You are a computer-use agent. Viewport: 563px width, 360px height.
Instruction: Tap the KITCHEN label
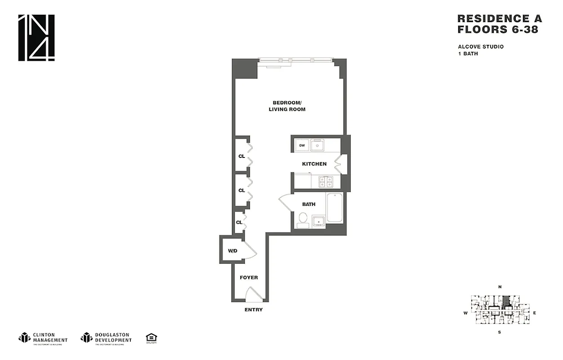click(314, 164)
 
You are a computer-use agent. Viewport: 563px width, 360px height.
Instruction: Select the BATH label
click(308, 204)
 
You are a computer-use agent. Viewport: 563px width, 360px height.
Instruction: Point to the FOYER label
click(249, 278)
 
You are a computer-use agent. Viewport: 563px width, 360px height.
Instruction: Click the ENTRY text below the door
click(254, 310)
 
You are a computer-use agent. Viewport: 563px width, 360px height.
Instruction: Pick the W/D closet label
click(232, 251)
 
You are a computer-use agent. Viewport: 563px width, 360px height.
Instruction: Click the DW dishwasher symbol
click(302, 145)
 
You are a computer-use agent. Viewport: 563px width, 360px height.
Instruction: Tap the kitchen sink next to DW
click(317, 145)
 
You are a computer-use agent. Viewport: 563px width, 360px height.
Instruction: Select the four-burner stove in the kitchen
click(325, 181)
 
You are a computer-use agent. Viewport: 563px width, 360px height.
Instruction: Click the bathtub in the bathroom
click(335, 207)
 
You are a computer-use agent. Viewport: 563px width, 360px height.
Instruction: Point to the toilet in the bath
click(302, 220)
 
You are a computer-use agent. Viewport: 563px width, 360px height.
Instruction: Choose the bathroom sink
click(319, 221)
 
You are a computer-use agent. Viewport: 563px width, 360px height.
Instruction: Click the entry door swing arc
click(253, 295)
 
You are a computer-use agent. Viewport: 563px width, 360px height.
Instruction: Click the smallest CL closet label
click(239, 222)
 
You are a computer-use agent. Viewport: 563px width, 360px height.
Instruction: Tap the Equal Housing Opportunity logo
click(151, 338)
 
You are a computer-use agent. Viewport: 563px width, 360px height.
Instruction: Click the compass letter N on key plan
click(500, 287)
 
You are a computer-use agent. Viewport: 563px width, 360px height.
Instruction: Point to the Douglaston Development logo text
click(112, 337)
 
